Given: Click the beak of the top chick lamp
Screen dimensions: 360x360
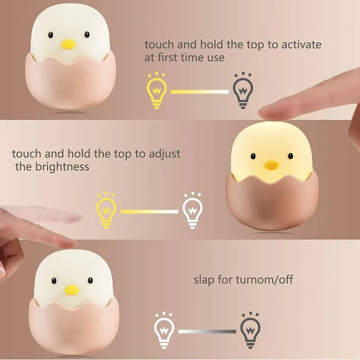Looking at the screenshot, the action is pos(68,44).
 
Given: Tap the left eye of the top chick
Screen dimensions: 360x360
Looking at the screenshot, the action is pos(50,35).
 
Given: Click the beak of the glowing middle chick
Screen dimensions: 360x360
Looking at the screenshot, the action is pos(271,166).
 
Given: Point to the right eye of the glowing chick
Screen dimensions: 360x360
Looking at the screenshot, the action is pos(290,156).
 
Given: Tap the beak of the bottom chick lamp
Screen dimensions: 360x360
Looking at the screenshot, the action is pos(72,290).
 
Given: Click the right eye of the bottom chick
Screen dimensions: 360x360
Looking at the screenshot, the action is pos(90,280).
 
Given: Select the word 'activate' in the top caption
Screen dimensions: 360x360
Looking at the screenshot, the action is pos(301,45).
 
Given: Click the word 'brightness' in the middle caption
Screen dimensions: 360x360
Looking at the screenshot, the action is pos(62,166).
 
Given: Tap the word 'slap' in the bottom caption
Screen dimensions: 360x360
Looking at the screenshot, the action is pos(204,280).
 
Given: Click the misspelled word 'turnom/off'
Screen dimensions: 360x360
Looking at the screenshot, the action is pos(265,279).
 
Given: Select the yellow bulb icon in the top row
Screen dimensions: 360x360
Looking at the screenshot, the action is pos(157,91).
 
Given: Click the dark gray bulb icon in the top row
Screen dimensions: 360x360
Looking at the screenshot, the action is pos(243,91).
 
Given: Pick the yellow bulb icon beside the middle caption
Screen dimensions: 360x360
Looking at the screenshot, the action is pos(106,211).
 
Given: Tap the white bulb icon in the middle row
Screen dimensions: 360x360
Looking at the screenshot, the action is pos(193,211).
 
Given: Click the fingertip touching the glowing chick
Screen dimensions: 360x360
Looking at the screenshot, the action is pos(265,113).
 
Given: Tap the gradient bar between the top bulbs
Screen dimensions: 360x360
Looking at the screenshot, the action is pos(200,92).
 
